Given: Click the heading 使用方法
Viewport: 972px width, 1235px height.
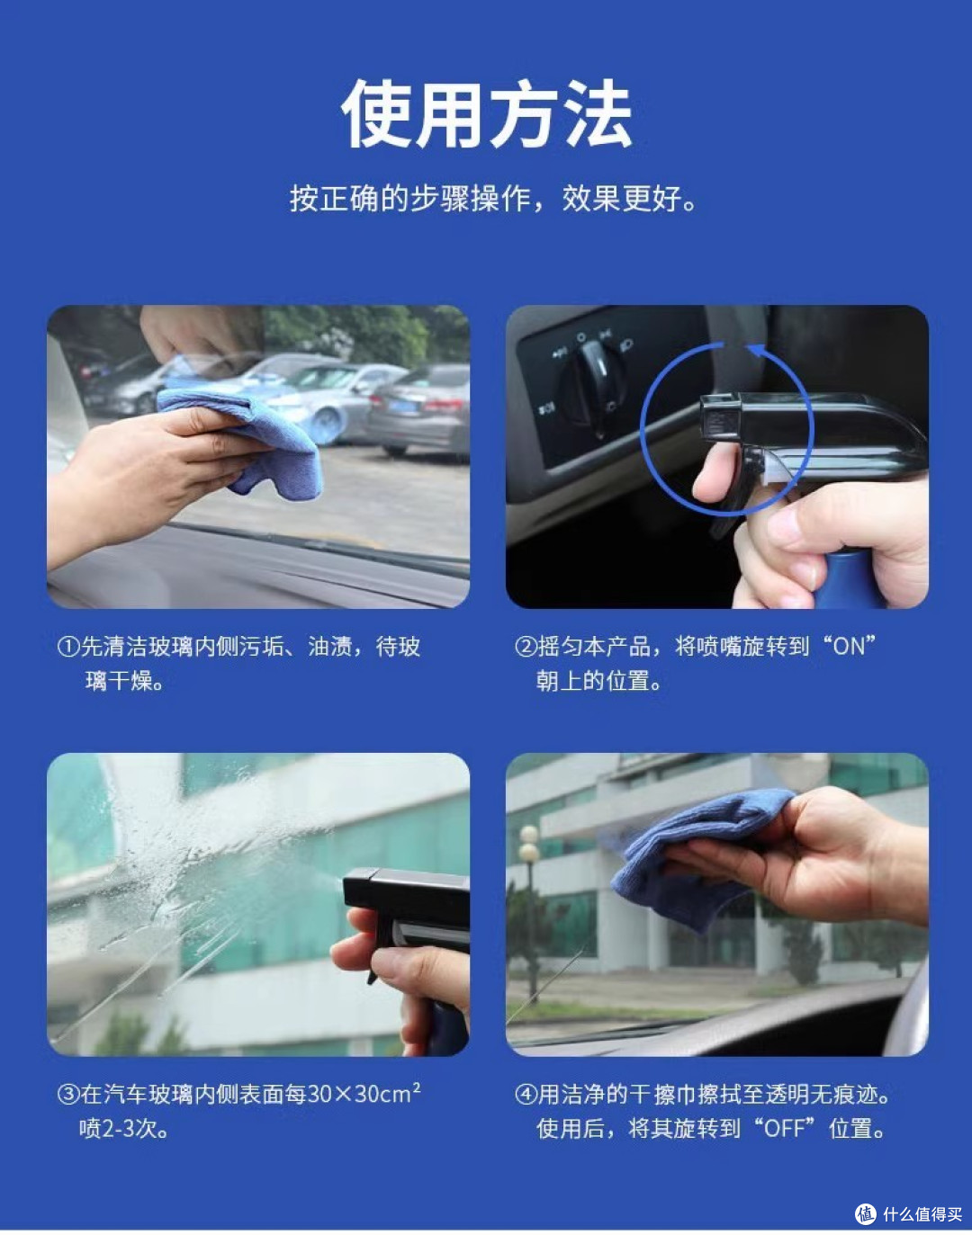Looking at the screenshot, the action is (x=486, y=113).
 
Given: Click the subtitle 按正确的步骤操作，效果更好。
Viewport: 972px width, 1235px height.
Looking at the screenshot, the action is (x=493, y=199).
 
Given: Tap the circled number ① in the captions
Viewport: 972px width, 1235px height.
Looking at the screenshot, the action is (x=68, y=647).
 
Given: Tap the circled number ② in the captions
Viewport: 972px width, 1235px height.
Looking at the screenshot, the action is (x=526, y=647).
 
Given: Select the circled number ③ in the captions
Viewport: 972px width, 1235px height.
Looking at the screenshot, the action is (x=68, y=1095).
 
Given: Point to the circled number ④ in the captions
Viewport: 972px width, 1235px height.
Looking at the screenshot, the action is (x=526, y=1095).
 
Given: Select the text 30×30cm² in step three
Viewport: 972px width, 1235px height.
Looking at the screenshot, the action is (x=364, y=1093).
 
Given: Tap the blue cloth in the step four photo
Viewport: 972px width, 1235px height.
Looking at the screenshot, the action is (x=699, y=856).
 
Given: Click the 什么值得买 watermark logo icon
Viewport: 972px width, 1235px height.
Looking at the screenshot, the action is (x=866, y=1213).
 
